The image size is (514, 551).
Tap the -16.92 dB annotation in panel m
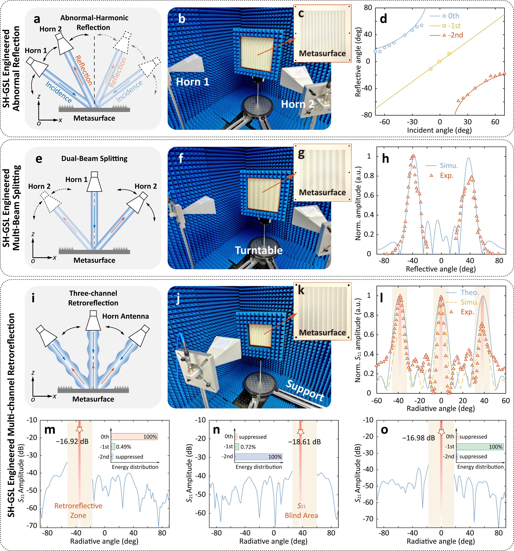coord(72,441)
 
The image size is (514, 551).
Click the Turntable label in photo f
coord(259,250)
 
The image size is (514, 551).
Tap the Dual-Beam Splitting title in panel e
coord(94,158)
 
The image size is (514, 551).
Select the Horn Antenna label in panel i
coord(125,316)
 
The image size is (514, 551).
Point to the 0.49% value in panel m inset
coord(124,447)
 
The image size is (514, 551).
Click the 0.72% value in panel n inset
coord(248,447)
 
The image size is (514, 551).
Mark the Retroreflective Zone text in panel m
coord(78,511)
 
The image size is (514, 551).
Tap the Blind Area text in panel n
coord(301,516)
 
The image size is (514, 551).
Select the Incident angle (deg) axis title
coord(439,130)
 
